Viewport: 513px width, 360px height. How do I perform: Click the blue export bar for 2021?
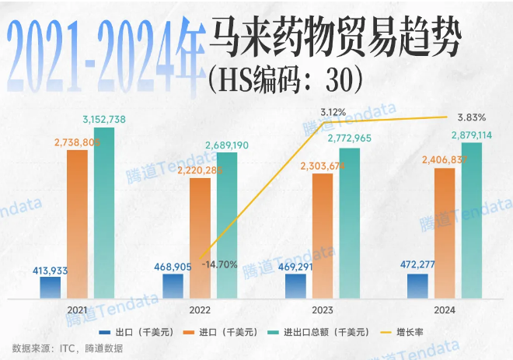click(51, 287)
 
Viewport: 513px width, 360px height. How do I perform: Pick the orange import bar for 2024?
click(445, 232)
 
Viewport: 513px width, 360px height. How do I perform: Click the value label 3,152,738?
click(110, 119)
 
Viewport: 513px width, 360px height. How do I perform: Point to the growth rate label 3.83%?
click(472, 117)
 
